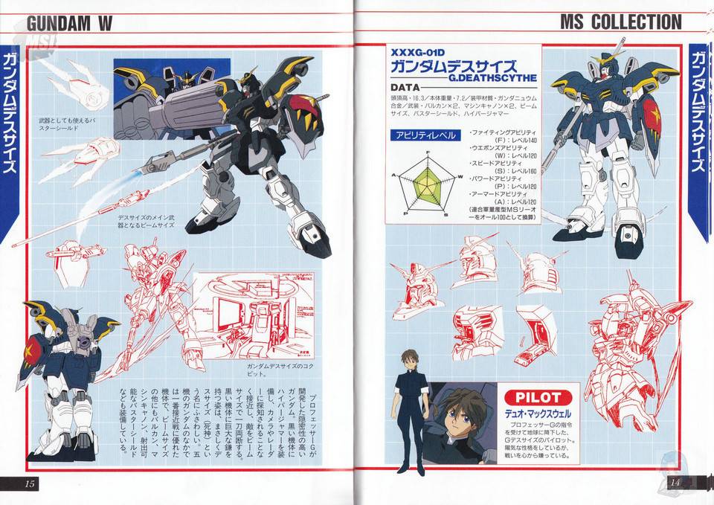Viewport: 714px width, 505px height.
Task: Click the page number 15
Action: [30, 483]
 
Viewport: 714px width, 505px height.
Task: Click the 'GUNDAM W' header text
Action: [68, 23]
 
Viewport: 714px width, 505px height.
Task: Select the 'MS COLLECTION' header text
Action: [620, 22]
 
